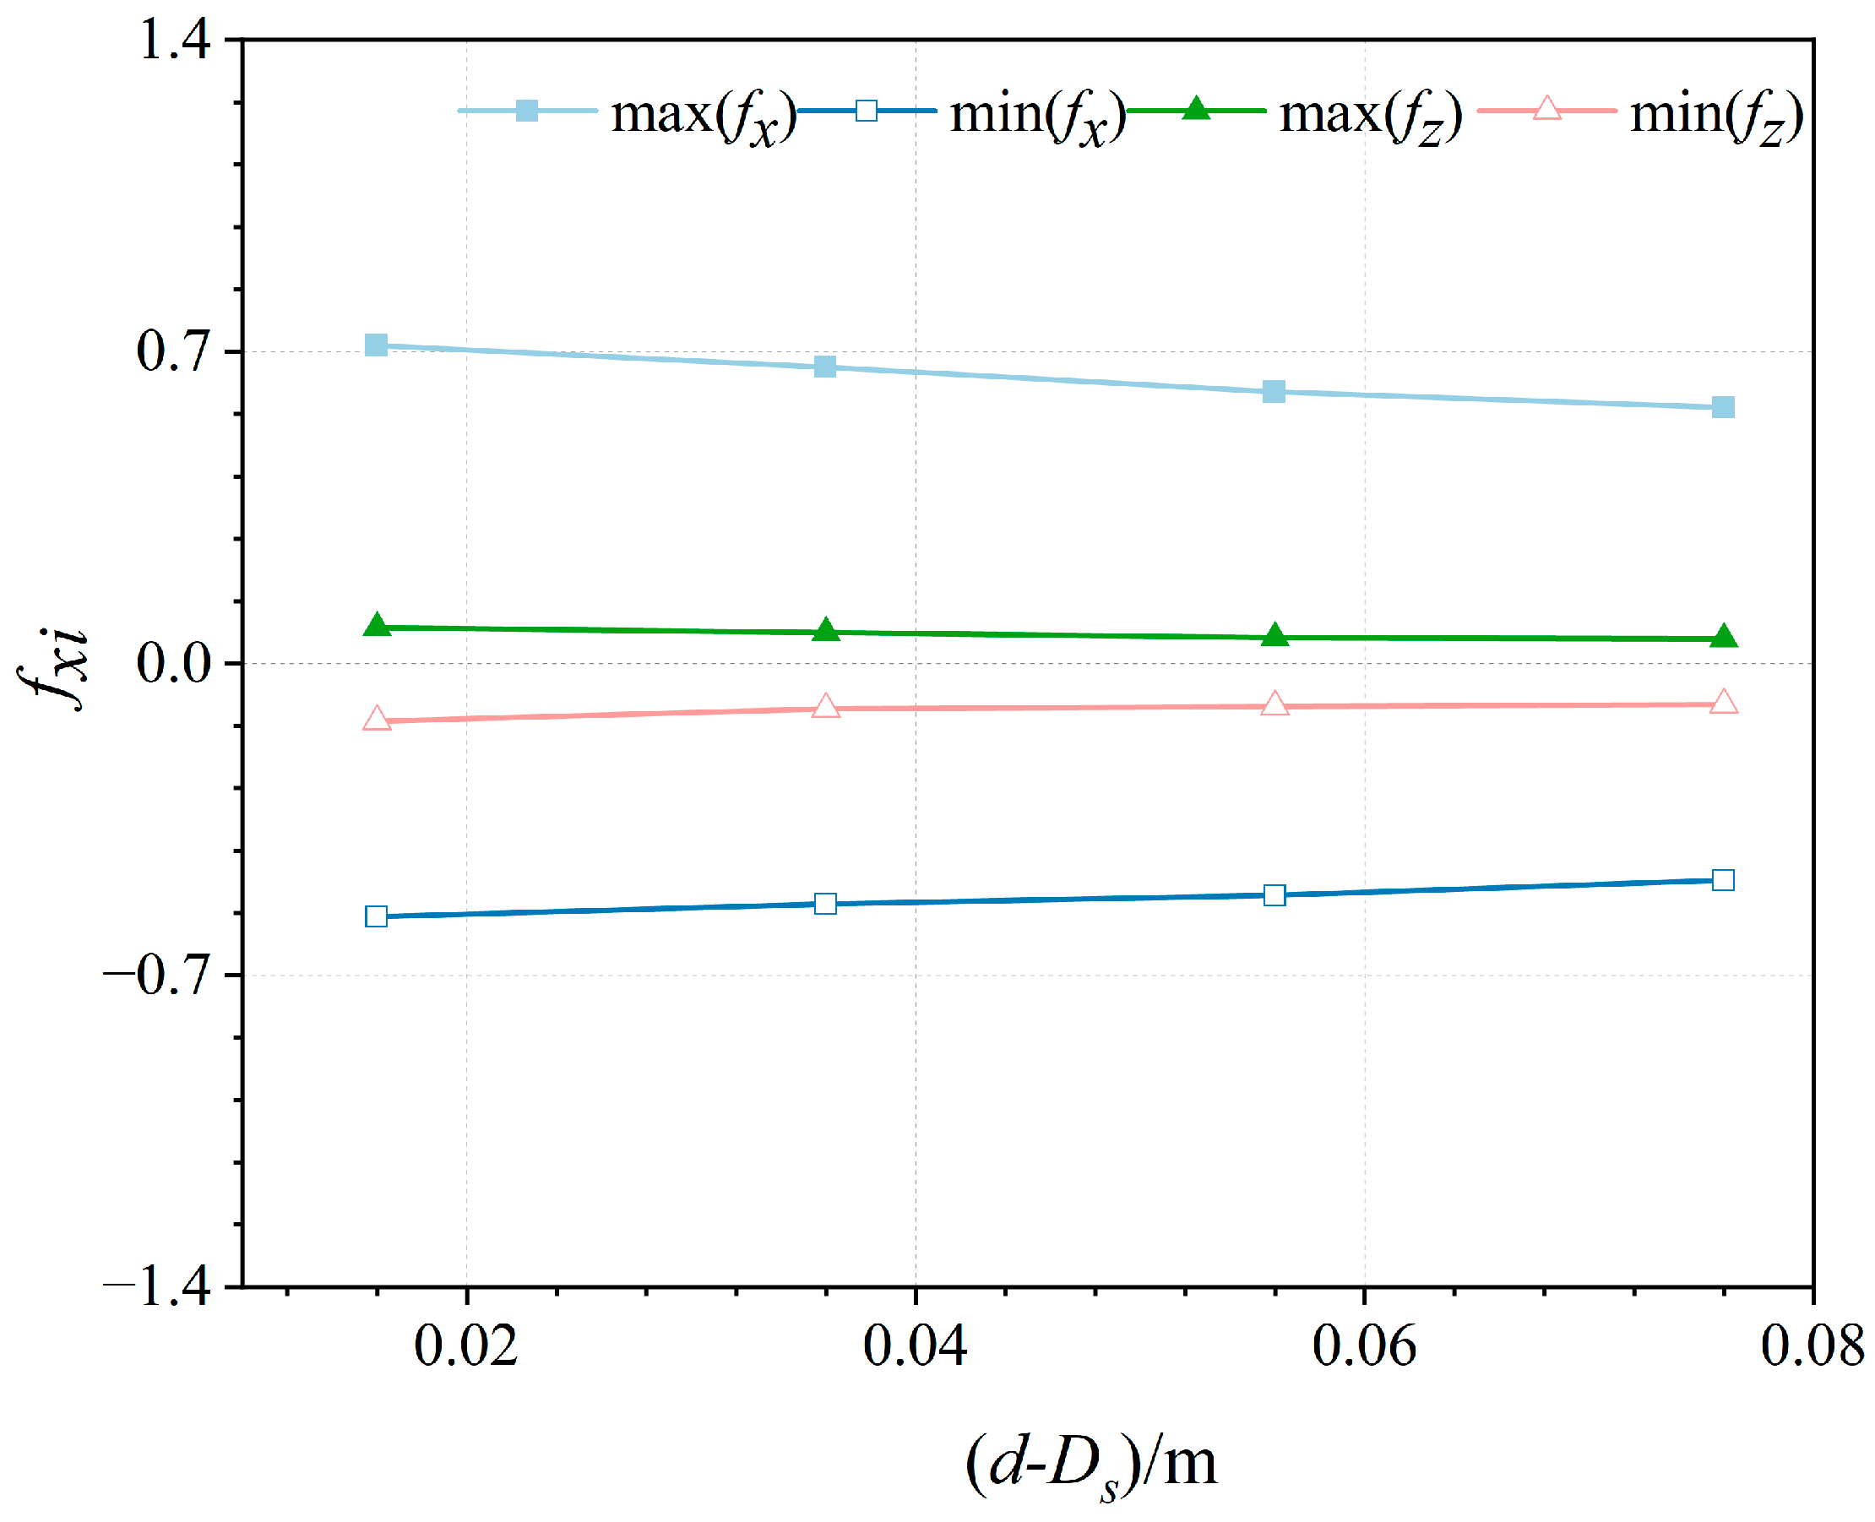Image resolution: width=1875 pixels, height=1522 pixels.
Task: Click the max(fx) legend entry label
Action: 702,115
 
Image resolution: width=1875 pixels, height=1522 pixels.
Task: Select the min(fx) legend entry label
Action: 1037,115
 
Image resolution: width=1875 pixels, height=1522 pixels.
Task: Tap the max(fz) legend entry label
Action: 1369,115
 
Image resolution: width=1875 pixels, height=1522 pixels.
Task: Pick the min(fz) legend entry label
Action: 1715,115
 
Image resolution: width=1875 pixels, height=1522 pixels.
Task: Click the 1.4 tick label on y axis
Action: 175,41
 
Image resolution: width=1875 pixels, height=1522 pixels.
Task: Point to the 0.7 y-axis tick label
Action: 175,351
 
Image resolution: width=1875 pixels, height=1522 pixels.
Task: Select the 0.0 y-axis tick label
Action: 175,662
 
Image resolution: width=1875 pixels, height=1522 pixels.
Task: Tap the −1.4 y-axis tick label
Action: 158,1286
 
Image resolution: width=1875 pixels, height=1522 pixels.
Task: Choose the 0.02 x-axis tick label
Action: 465,1345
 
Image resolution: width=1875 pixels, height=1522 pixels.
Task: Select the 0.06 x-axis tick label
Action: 1363,1345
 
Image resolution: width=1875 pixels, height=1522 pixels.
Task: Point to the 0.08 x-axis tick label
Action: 1811,1345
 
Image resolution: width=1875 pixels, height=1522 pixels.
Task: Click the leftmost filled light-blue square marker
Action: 376,345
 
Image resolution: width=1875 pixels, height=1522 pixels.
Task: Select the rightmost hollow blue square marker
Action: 1721,879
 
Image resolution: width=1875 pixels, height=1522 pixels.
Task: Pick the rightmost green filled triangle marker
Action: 1722,637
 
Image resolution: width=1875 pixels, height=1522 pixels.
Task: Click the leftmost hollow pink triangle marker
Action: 376,719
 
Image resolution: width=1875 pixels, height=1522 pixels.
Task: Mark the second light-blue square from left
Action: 825,367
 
